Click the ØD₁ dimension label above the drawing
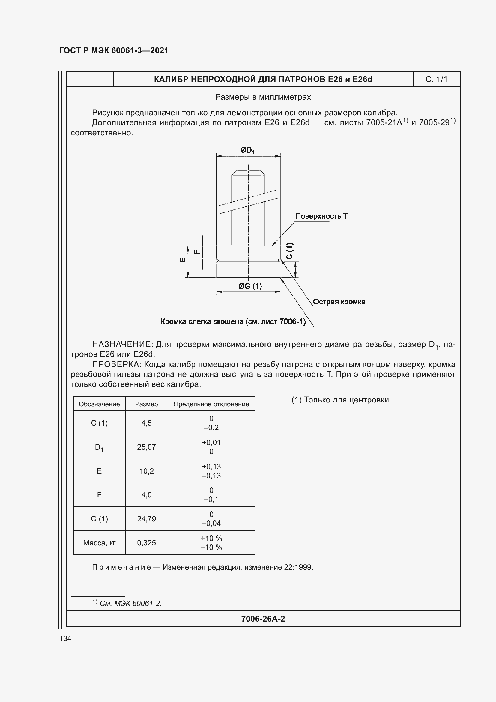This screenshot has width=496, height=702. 247,150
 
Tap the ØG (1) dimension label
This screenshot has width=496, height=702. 250,286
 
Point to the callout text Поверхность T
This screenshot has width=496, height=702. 321,216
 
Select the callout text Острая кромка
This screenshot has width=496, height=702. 339,302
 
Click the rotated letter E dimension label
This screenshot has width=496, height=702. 182,260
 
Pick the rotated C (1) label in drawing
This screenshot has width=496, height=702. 290,251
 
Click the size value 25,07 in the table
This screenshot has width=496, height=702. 146,447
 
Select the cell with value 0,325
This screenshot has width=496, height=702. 146,543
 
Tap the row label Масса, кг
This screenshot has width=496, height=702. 99,543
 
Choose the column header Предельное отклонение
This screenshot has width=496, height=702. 211,404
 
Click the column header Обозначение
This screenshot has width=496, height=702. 99,404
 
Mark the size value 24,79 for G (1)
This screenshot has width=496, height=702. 146,519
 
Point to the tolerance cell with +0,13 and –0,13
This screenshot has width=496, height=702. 211,471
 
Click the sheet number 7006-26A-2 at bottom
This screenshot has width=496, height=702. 263,619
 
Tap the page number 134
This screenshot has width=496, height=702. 65,638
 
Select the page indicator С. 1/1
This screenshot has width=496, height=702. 436,80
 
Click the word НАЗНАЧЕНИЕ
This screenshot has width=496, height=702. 122,344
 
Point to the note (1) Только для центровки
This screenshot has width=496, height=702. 341,400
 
